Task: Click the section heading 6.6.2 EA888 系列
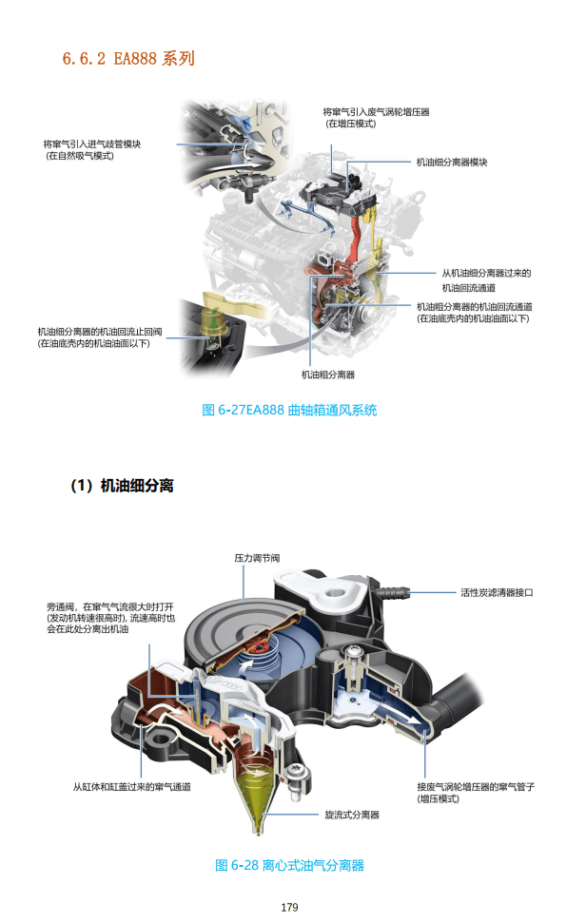point(128,59)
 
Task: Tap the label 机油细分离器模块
point(452,163)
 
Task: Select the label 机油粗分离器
point(328,375)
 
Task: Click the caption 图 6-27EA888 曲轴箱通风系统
point(290,411)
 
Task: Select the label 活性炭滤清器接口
point(497,592)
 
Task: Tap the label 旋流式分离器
point(352,815)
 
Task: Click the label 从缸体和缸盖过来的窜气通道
point(132,787)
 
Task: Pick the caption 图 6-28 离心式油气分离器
point(290,865)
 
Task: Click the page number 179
point(290,907)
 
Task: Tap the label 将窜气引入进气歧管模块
point(92,144)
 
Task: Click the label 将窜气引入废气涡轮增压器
point(376,112)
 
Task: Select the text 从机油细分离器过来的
point(486,273)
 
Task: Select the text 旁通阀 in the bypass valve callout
point(59,605)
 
